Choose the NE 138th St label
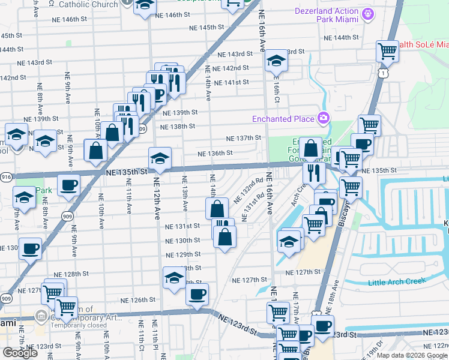178,127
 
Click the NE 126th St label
138,300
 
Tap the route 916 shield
6,177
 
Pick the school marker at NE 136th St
160,158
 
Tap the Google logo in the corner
20,353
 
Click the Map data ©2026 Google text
412,355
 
